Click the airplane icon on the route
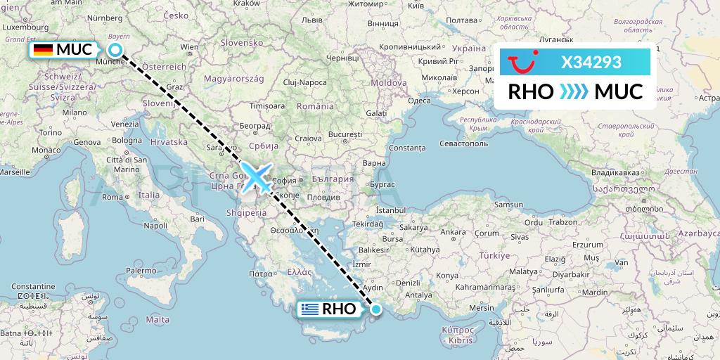[x=257, y=176]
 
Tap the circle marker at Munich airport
[x=116, y=50]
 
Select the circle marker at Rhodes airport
[x=376, y=309]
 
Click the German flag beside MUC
[x=43, y=50]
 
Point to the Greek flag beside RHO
[x=309, y=309]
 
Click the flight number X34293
[x=591, y=63]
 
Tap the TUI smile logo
[x=524, y=63]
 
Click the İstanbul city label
[x=392, y=210]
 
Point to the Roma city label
[x=112, y=197]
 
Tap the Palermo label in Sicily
[x=141, y=270]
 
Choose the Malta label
[x=158, y=319]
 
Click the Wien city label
[x=186, y=47]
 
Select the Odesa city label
[x=419, y=101]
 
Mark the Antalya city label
[x=419, y=295]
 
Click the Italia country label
[x=148, y=195]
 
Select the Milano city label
[x=75, y=112]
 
